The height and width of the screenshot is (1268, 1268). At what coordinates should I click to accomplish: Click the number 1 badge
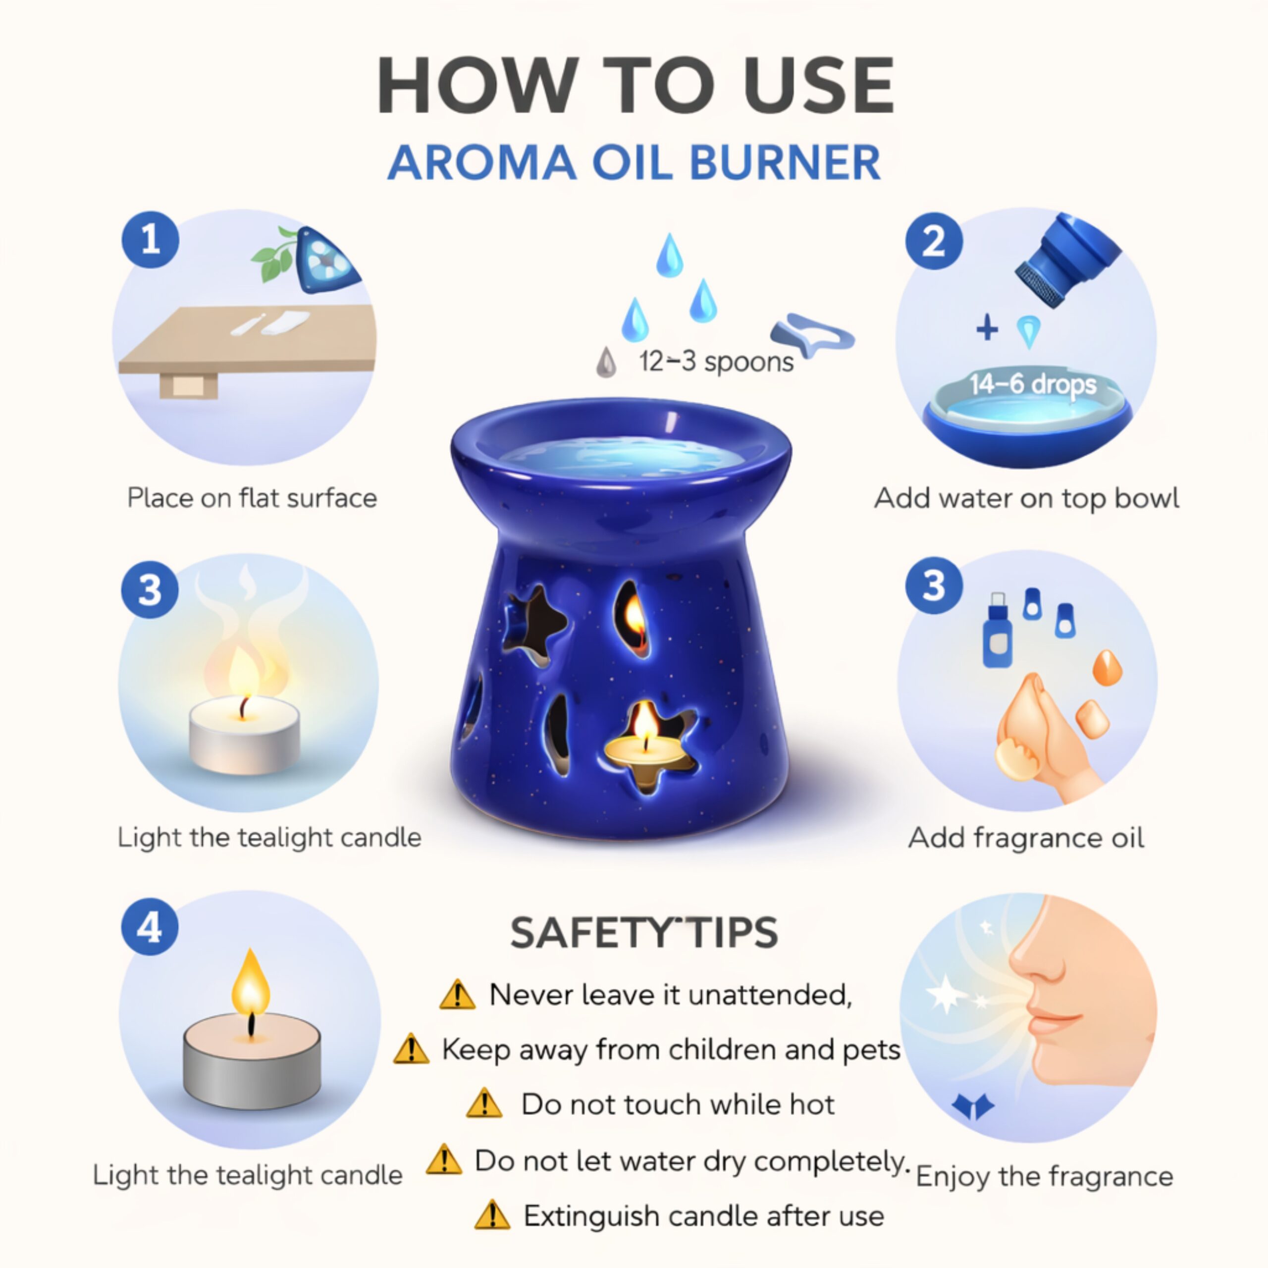click(x=150, y=240)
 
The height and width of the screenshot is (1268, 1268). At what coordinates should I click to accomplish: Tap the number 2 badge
click(x=934, y=241)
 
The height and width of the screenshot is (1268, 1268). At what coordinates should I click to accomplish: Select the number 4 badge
click(x=150, y=927)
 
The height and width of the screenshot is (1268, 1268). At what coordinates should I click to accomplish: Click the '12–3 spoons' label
click(x=716, y=362)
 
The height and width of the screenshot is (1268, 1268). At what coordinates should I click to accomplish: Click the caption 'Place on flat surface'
click(x=252, y=498)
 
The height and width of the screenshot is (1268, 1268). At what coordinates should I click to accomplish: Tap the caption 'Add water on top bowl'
click(x=1026, y=498)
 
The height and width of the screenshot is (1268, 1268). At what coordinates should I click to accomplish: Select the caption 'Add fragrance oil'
click(x=1026, y=838)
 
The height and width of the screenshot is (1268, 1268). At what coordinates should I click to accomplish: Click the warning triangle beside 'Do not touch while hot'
click(x=484, y=1104)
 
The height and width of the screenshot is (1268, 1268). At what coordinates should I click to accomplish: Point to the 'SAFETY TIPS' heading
click(x=644, y=933)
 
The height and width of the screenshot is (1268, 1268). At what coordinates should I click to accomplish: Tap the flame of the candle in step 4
click(x=250, y=983)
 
